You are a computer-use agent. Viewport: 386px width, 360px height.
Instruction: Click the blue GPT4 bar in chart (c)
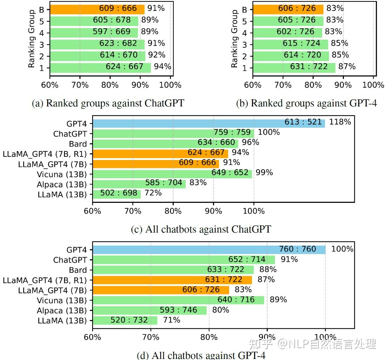pos(209,124)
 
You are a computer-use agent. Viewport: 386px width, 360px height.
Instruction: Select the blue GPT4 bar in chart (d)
pos(209,250)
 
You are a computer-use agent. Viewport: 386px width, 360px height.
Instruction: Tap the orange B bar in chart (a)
pos(97,9)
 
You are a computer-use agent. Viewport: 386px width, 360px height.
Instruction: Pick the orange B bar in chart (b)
pos(288,9)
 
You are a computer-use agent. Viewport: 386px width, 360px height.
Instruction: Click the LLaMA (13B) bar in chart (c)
pos(117,194)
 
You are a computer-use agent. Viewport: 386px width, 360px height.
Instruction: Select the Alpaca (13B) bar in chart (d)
pos(150,310)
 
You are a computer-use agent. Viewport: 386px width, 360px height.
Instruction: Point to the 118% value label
pos(340,122)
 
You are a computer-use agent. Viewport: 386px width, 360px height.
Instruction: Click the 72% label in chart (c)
pos(153,193)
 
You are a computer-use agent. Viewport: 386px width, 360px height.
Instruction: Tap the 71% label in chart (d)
pos(172,320)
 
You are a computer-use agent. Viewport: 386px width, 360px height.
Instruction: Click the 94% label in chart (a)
pos(162,66)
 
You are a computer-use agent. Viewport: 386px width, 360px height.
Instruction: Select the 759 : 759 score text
pos(232,132)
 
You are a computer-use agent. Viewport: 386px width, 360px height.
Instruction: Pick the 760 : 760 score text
pos(297,249)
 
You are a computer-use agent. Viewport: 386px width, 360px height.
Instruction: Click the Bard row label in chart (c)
pos(78,144)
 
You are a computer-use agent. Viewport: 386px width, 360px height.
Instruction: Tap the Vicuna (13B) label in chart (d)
pos(62,301)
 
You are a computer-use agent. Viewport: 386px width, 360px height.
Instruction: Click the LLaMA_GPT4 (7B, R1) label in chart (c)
pos(45,154)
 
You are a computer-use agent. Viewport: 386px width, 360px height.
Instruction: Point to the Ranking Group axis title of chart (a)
pos(31,39)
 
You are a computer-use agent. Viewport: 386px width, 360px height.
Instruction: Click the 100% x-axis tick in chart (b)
pos(373,85)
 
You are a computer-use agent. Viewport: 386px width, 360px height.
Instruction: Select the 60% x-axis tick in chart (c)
pos(93,211)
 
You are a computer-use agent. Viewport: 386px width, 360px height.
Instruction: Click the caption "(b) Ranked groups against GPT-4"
pos(306,103)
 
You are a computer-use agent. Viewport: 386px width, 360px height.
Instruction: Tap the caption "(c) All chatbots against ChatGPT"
pos(201,229)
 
